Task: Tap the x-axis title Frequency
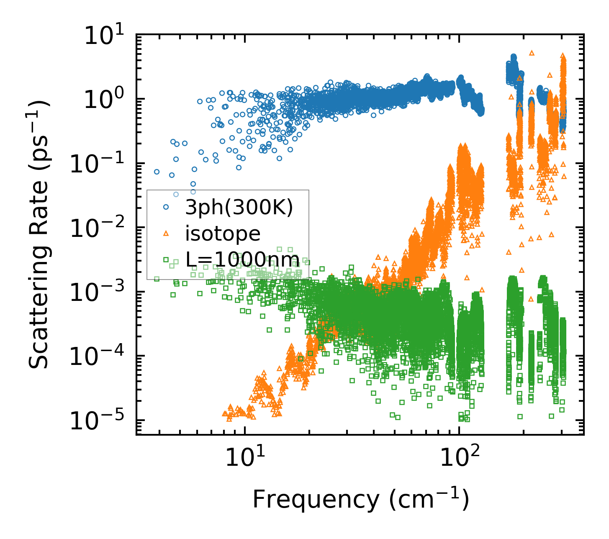tap(360, 499)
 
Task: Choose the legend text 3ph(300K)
tap(239, 208)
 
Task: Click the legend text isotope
tap(223, 234)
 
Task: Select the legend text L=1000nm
tap(242, 260)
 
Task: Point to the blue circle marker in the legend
tap(166, 207)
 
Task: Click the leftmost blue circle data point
tap(157, 172)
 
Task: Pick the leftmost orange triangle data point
tap(224, 414)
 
